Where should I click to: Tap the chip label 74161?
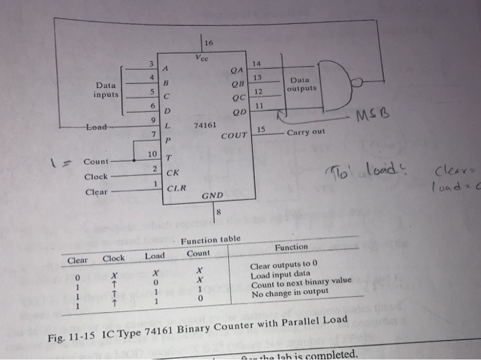coord(205,126)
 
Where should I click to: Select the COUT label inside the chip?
coord(234,135)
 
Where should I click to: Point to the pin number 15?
coord(261,129)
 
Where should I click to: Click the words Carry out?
coord(306,132)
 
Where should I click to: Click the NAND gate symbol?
coord(340,83)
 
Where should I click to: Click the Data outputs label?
coord(302,84)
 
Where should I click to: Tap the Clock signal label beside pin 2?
coord(96,176)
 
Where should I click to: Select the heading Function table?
coord(210,239)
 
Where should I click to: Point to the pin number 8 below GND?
coord(219,213)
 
